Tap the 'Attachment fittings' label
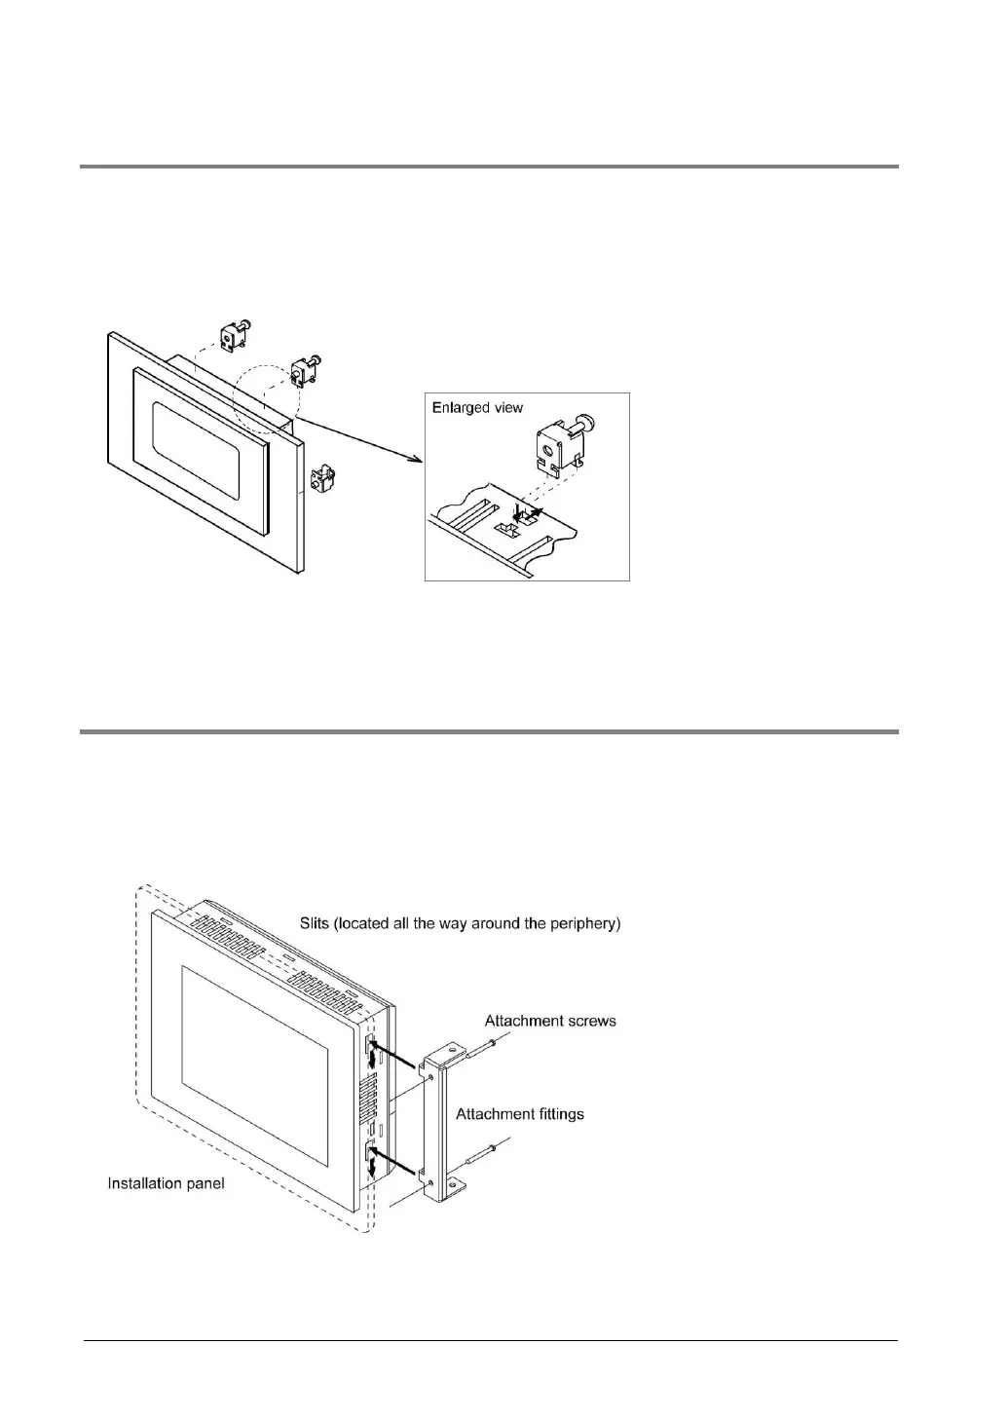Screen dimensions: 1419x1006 pos(520,1113)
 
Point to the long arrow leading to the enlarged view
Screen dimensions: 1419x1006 pos(360,439)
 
